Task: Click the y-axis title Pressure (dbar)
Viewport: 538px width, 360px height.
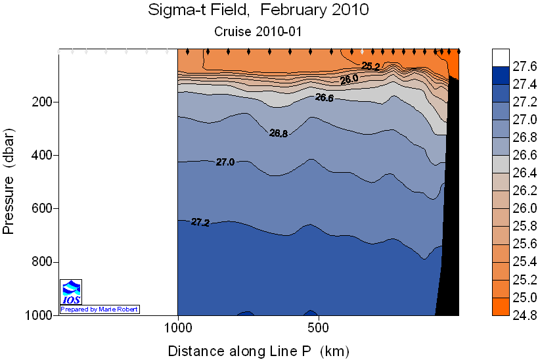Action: tap(9, 181)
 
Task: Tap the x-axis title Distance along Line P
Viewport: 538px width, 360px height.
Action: tap(258, 349)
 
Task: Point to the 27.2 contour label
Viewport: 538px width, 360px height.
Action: tap(200, 223)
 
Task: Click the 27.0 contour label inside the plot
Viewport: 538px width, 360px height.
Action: tap(225, 162)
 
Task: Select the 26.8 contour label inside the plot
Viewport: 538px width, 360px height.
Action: tap(279, 133)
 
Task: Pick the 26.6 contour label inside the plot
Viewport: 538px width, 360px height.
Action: tap(325, 98)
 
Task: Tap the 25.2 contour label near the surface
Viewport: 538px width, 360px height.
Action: tap(371, 66)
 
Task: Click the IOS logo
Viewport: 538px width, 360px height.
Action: tap(71, 292)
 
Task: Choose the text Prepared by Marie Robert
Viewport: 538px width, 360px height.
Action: tap(100, 309)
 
